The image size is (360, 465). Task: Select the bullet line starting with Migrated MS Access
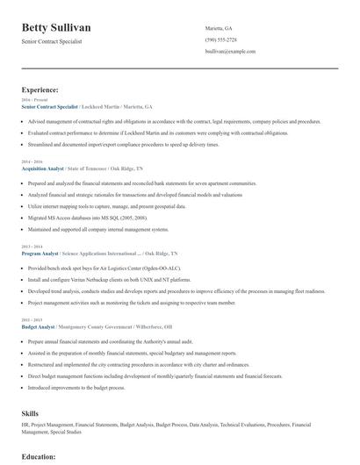pyautogui.click(x=88, y=216)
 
